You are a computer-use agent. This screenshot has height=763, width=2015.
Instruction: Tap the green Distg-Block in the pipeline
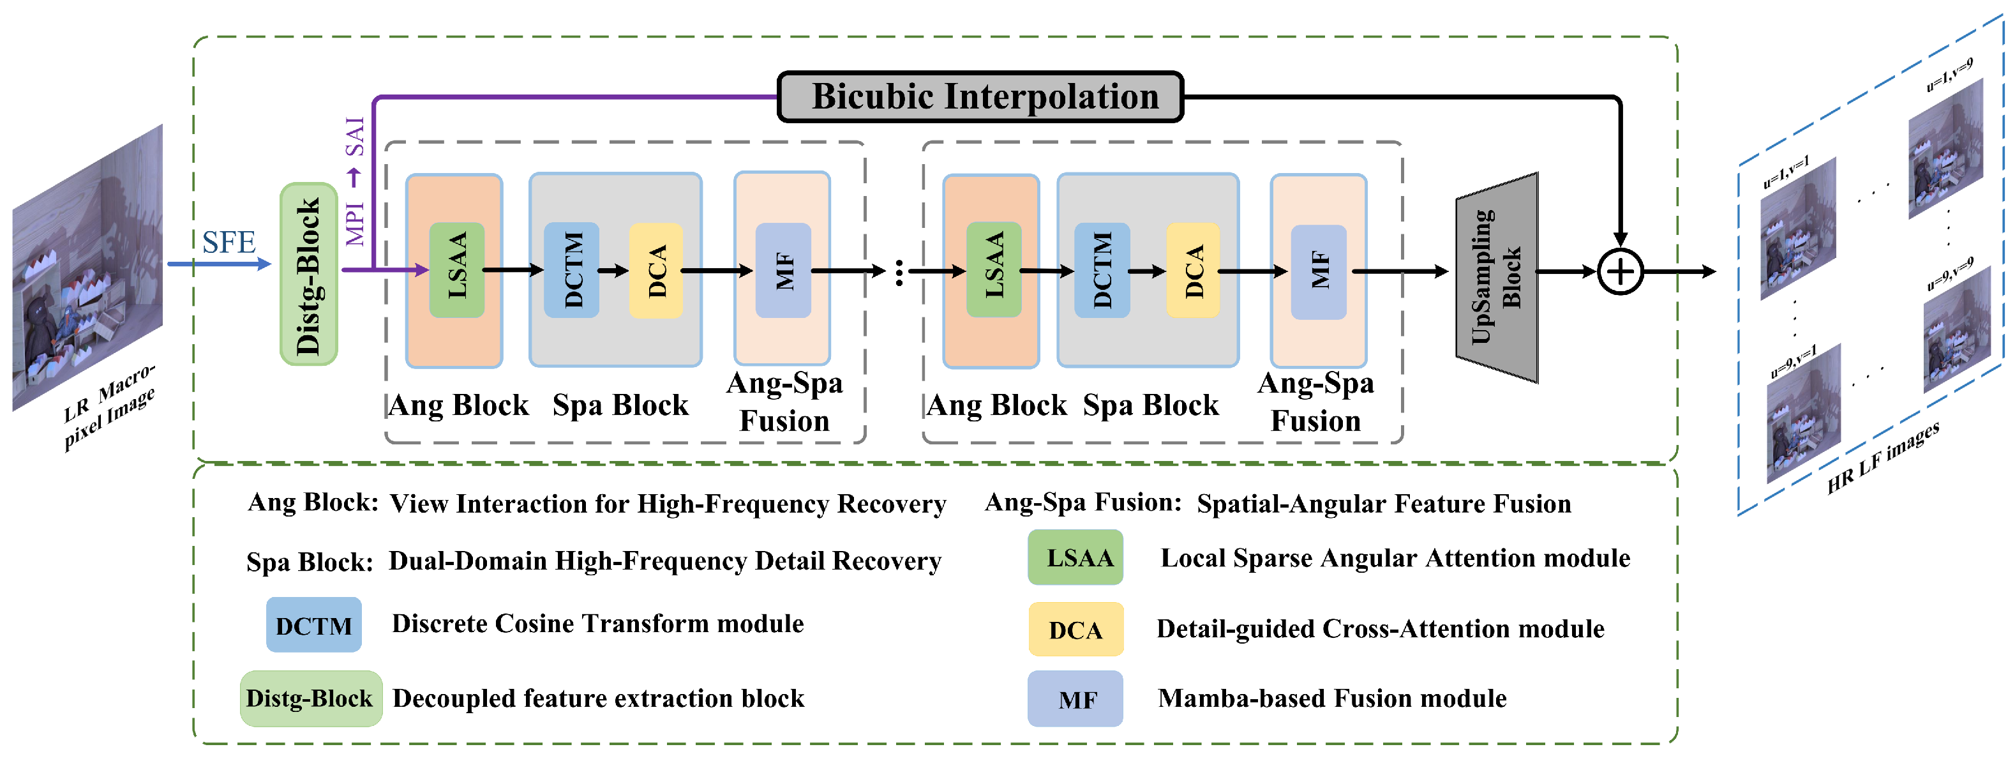[x=309, y=274]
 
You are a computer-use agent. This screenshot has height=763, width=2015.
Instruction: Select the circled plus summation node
[x=1619, y=271]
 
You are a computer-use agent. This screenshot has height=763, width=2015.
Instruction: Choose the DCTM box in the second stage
[x=1102, y=270]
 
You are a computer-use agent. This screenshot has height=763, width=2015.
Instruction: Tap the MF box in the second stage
[x=1318, y=271]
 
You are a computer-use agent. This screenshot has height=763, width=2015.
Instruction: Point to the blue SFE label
[x=228, y=243]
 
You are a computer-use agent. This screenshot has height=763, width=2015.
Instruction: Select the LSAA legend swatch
[x=1075, y=557]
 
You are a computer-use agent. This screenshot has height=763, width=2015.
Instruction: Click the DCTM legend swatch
[x=313, y=625]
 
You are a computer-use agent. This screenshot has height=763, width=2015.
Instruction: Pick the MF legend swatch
[x=1075, y=699]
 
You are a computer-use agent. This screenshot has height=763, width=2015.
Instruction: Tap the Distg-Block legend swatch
[x=311, y=698]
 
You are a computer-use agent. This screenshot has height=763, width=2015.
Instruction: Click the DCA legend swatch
[x=1075, y=629]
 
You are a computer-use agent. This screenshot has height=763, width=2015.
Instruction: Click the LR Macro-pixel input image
[x=87, y=266]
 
